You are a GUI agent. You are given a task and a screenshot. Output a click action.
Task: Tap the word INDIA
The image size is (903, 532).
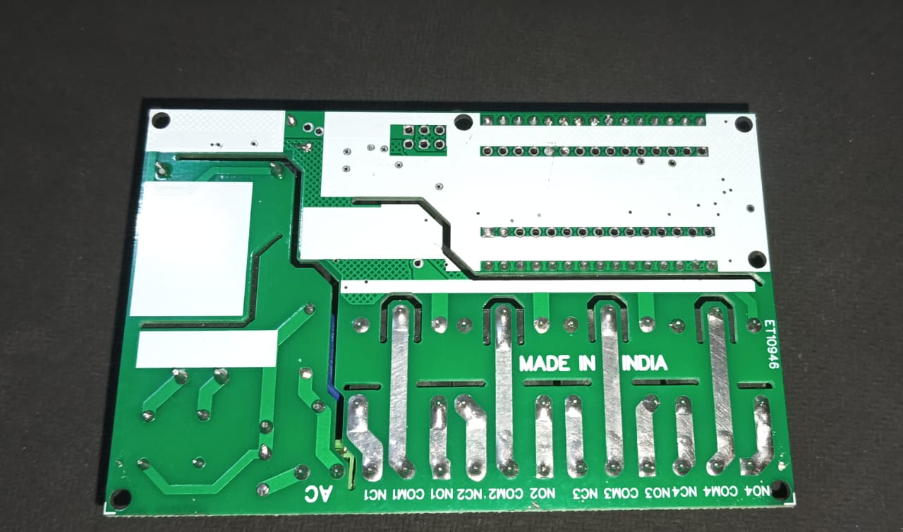click(x=644, y=363)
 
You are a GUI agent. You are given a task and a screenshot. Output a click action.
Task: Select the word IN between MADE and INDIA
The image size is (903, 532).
click(x=588, y=363)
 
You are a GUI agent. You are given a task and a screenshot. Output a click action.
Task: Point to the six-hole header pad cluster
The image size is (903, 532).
click(x=422, y=138)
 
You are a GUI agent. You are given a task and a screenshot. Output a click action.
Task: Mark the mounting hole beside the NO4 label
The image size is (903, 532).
click(x=780, y=489)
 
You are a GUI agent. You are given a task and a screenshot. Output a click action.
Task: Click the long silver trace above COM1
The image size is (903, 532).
click(x=399, y=388)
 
